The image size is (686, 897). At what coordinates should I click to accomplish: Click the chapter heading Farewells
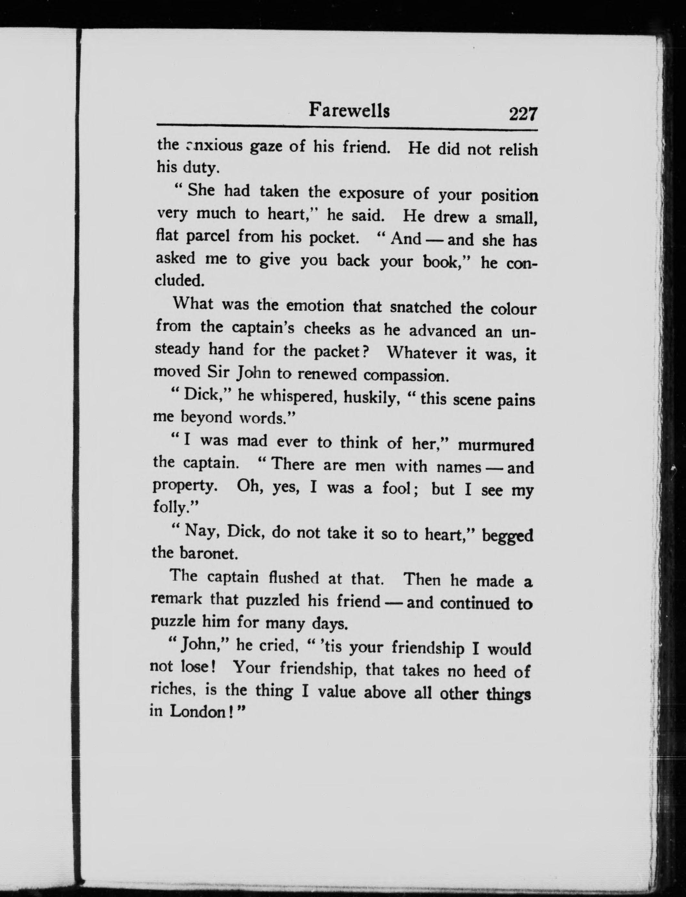(x=349, y=110)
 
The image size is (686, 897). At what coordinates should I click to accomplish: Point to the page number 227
(x=523, y=114)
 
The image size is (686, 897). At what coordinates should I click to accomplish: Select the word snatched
(x=420, y=307)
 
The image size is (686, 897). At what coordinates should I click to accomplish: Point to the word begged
(x=508, y=535)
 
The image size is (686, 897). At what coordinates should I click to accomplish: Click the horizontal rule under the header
(x=347, y=128)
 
